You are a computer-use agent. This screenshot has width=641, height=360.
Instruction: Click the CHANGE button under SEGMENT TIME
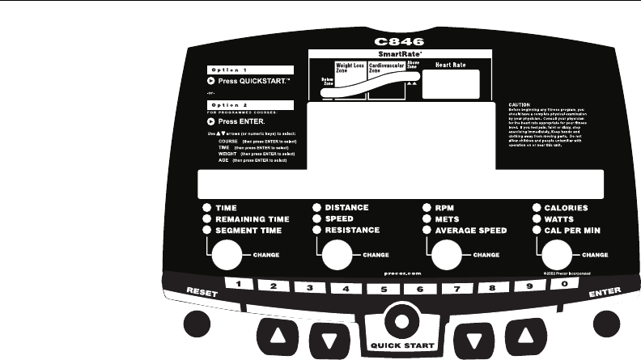pyautogui.click(x=227, y=256)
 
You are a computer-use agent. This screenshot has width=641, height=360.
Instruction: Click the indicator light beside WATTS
pyautogui.click(x=537, y=219)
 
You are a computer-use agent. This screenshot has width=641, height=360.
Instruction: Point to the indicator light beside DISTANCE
pyautogui.click(x=317, y=208)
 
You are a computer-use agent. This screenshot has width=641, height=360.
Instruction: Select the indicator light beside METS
pyautogui.click(x=427, y=219)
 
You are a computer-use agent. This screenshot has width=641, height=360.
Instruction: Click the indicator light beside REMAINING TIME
pyautogui.click(x=207, y=219)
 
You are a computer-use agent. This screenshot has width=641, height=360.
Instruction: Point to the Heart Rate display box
pyautogui.click(x=450, y=83)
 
